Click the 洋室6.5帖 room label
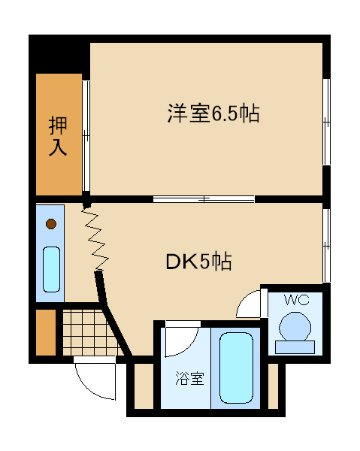pos(213,114)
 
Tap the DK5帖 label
pos(198,262)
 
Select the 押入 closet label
pos(58,136)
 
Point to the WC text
pos(297,300)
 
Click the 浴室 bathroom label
pos(190,378)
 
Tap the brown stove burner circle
pos(51,224)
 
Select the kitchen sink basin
pos(51,269)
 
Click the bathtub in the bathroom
pos(236,368)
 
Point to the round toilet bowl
pos(295,327)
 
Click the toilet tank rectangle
pos(295,347)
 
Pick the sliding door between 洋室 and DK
pos(204,199)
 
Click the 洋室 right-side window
pos(326,122)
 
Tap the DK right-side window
pos(326,245)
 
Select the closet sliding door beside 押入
pos(86,136)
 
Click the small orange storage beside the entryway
pos(46,332)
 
